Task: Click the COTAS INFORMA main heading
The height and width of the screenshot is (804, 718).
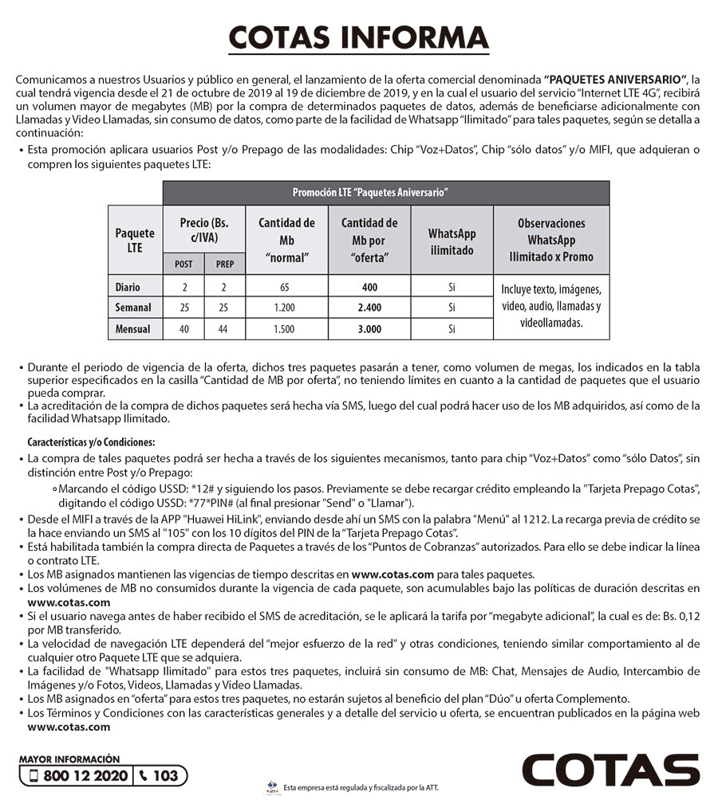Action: pyautogui.click(x=358, y=37)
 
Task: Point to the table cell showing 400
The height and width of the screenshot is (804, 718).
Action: pyautogui.click(x=369, y=288)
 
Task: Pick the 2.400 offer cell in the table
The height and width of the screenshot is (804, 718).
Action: pyautogui.click(x=369, y=308)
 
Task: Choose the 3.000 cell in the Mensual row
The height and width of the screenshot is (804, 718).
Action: pyautogui.click(x=369, y=328)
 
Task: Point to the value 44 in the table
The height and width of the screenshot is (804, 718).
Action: pyautogui.click(x=225, y=328)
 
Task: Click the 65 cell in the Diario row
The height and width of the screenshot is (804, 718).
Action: pyautogui.click(x=286, y=288)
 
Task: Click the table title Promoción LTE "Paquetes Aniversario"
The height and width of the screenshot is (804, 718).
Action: pyautogui.click(x=369, y=193)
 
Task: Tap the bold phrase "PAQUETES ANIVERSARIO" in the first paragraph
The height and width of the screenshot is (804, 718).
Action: pyautogui.click(x=614, y=80)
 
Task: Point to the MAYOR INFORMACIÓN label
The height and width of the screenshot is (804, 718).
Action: pyautogui.click(x=69, y=759)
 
